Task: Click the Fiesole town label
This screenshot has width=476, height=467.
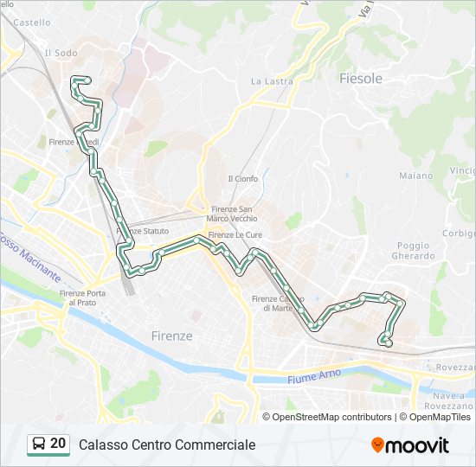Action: point(361,78)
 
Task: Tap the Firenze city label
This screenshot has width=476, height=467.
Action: point(171,336)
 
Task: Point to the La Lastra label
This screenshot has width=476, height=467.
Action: point(272,81)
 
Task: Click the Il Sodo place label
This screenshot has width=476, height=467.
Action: point(61,53)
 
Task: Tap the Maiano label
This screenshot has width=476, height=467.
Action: point(415,176)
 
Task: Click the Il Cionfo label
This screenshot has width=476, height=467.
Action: point(242,179)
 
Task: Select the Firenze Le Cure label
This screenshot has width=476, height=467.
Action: point(235,234)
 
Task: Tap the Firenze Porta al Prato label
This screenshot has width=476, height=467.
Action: point(84,298)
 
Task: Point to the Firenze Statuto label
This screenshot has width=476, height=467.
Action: point(143,231)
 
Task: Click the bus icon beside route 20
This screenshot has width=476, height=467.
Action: point(39,445)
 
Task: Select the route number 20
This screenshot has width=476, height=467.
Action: point(58,444)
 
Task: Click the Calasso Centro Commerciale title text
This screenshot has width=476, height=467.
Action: point(167,445)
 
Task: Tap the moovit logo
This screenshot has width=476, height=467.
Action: point(410,445)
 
